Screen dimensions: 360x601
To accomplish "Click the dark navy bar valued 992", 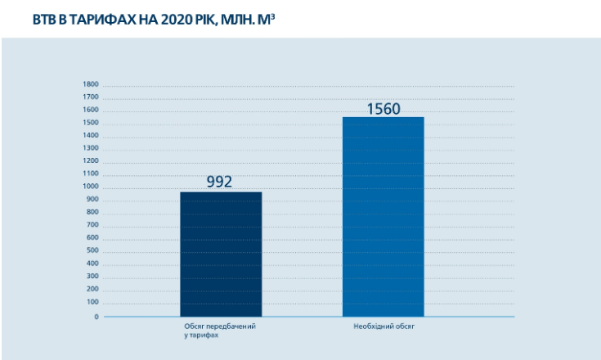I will pos(221,254).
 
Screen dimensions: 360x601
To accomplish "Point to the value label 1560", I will pos(383,107).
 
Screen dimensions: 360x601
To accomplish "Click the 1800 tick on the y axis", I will pos(91,84).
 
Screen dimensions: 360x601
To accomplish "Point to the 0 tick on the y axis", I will pos(95,317).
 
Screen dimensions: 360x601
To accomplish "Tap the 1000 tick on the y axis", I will pos(91,187).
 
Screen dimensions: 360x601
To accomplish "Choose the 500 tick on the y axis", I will pos(92,250).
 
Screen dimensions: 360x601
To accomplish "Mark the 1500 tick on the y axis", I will pos(91,123).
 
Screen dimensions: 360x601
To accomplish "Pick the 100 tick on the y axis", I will pos(92,302).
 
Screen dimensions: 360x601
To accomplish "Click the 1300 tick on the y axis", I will pos(91,148).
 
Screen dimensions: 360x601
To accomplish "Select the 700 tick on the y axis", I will pos(92,225).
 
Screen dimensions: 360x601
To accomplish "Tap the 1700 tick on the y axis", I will pos(91,97).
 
